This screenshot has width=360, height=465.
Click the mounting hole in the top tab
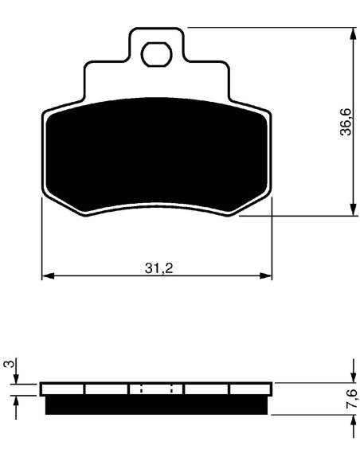click(157, 54)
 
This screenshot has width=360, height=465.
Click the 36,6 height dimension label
click(346, 122)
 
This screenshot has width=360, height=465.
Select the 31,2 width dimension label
click(158, 268)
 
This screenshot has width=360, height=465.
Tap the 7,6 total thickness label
click(351, 399)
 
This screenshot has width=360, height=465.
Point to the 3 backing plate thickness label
click(9, 364)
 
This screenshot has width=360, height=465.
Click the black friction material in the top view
click(157, 155)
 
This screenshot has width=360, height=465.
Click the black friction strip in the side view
click(156, 404)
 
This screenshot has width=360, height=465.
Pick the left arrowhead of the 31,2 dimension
click(48, 275)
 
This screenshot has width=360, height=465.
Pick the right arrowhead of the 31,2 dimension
click(266, 275)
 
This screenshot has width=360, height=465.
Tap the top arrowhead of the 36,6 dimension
click(353, 33)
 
